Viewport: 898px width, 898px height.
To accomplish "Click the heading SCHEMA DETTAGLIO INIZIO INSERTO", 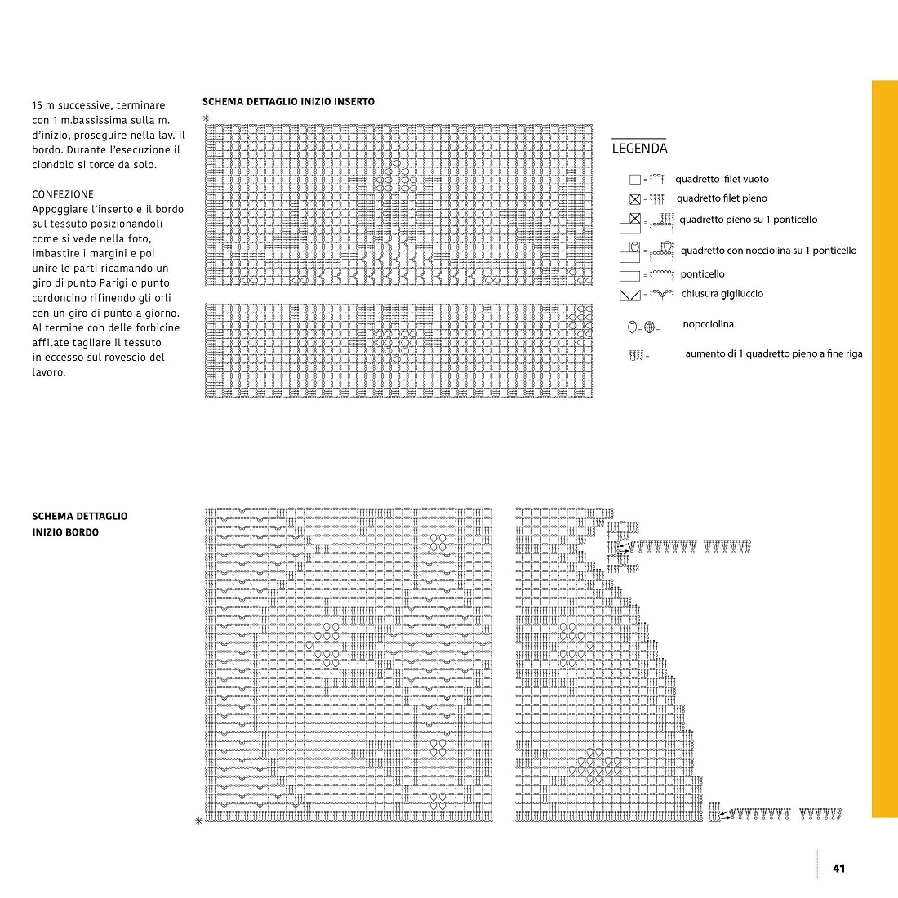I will [288, 102].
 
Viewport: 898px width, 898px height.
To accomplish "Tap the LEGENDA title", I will [639, 149].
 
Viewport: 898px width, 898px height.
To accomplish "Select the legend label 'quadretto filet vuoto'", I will [722, 180].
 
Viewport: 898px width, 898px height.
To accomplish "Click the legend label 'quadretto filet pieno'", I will [722, 198].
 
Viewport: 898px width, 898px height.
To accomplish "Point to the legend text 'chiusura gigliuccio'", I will [722, 294].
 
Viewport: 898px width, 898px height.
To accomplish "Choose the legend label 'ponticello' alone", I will [702, 274].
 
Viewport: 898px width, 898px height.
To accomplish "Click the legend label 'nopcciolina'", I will [708, 325].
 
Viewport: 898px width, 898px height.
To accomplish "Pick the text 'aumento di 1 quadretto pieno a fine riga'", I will [773, 354].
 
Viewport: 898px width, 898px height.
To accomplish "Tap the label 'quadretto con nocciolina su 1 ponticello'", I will [768, 251].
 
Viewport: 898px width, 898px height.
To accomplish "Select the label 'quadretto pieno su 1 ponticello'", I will [748, 220].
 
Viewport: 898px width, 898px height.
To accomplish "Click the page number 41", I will [838, 868].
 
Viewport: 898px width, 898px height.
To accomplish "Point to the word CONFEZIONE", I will [63, 194].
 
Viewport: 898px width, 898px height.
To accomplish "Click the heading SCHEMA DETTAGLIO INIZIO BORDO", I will [79, 524].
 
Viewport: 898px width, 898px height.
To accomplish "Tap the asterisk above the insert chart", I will [206, 119].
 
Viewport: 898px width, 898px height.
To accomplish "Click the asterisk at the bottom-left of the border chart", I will [198, 820].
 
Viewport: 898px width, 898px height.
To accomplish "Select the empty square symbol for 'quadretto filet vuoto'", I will [634, 180].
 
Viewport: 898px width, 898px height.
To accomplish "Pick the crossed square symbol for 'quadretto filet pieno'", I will [634, 199].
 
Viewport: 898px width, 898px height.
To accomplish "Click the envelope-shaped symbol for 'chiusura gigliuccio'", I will [629, 295].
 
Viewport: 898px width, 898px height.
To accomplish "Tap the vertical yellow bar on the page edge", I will [884, 448].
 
